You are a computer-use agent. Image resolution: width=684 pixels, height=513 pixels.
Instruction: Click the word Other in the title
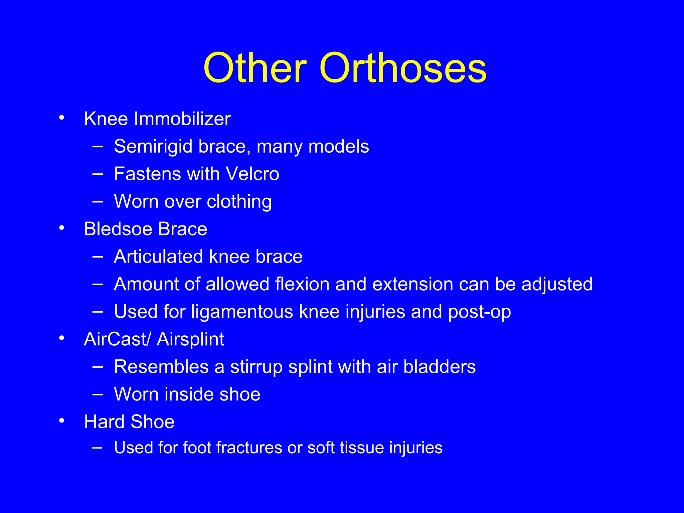(x=255, y=68)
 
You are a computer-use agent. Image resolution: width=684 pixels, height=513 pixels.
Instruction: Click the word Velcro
(x=252, y=174)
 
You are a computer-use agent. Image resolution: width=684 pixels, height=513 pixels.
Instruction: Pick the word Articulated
(x=158, y=257)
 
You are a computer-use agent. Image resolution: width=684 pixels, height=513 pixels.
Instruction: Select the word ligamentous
(x=242, y=312)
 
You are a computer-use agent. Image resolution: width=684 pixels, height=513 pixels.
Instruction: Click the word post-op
(x=479, y=312)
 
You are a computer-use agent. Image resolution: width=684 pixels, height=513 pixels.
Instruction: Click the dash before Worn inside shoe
(x=98, y=394)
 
